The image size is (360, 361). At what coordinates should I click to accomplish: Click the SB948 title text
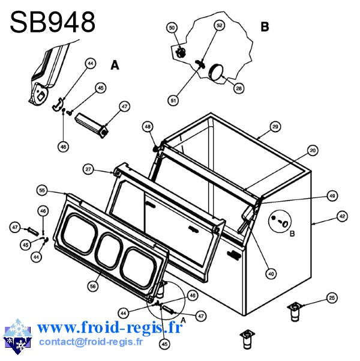[52, 22]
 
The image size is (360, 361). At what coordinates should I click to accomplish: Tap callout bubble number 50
[172, 28]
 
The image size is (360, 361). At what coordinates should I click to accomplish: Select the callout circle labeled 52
[220, 25]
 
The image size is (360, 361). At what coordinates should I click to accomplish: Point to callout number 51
[173, 100]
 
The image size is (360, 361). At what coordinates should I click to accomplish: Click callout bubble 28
[239, 88]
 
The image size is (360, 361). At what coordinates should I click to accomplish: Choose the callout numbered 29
[275, 127]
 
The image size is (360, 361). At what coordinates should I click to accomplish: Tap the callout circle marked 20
[313, 151]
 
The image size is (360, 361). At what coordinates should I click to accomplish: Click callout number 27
[88, 169]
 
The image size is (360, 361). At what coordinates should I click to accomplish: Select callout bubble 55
[42, 190]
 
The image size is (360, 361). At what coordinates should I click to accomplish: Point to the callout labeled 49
[332, 196]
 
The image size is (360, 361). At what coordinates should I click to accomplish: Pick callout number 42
[342, 216]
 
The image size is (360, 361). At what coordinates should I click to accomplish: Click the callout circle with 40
[271, 274]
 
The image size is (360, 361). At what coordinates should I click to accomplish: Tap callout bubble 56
[93, 286]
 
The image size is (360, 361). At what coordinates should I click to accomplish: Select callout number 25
[332, 298]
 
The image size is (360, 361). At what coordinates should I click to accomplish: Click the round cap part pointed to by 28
[216, 72]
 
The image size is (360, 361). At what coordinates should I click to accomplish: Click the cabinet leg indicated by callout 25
[295, 312]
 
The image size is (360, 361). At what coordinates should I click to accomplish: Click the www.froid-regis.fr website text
[110, 327]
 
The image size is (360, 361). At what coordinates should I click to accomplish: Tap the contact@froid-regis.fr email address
[91, 341]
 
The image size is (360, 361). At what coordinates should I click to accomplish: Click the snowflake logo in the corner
[17, 336]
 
